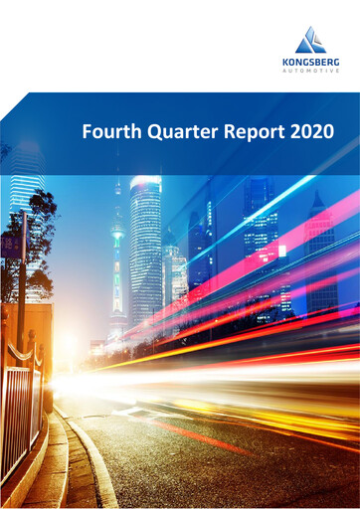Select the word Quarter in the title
pyautogui.click(x=170, y=131)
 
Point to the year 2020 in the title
pyautogui.click(x=307, y=131)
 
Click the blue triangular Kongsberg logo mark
pyautogui.click(x=311, y=42)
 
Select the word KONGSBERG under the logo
pyautogui.click(x=311, y=62)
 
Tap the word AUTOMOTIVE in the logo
pyautogui.click(x=311, y=72)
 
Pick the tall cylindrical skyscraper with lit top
pyautogui.click(x=144, y=249)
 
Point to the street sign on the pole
pyautogui.click(x=11, y=245)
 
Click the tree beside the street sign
pyautogui.click(x=40, y=234)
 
